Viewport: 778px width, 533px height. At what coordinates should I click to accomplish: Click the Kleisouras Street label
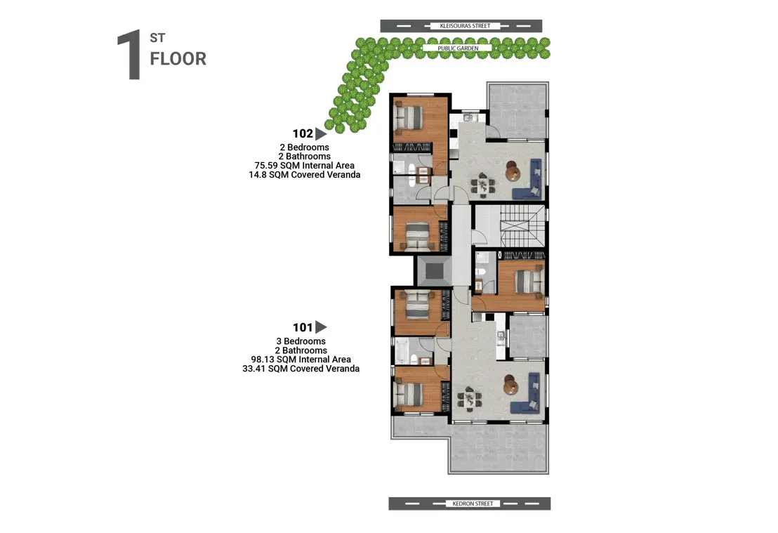(465, 26)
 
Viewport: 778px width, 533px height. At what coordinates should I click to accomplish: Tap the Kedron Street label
(473, 504)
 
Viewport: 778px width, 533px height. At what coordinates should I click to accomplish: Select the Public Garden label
(458, 48)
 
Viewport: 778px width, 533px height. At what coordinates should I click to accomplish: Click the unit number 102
(303, 133)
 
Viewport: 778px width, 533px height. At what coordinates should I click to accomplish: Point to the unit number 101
(303, 327)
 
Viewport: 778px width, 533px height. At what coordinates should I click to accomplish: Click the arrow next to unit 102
(321, 134)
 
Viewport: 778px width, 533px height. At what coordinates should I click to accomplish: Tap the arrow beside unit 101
(321, 327)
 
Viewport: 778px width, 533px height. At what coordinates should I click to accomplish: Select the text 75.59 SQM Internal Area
(304, 166)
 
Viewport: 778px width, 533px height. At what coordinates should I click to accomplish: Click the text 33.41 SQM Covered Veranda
(301, 369)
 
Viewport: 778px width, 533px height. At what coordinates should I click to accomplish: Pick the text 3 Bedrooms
(301, 341)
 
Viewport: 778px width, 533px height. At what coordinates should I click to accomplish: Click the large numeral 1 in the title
(129, 55)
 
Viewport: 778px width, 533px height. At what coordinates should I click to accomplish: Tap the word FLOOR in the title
(178, 58)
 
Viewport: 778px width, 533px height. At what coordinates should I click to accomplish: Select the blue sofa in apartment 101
(527, 393)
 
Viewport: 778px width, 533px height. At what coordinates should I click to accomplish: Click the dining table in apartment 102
(482, 185)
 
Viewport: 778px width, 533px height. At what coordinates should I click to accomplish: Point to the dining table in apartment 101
(469, 399)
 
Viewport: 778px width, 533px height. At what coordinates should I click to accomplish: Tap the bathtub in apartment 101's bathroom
(402, 351)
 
